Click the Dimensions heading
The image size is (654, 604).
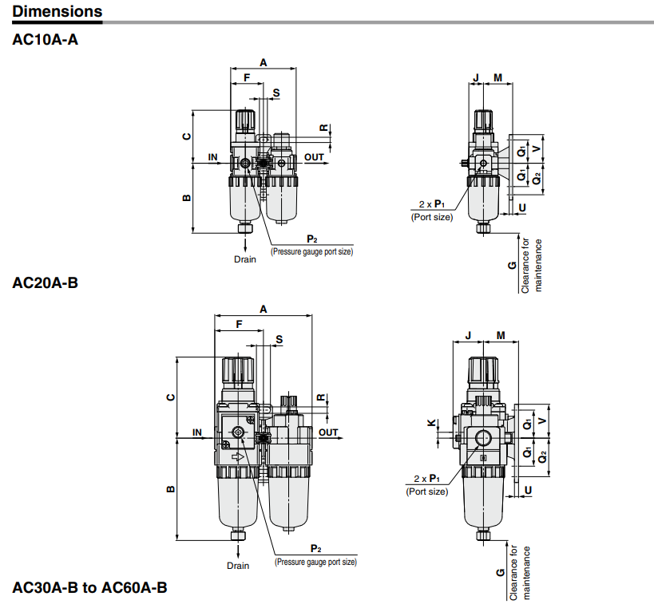tap(57, 12)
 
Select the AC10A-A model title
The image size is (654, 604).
tap(46, 39)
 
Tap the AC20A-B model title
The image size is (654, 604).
tap(46, 282)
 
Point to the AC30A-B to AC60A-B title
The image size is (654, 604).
tap(89, 588)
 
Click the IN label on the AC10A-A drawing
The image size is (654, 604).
tap(213, 157)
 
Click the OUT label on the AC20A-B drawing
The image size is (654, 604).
tap(328, 432)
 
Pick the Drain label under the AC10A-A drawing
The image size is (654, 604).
tap(245, 259)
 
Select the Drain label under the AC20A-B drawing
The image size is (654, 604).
tap(238, 566)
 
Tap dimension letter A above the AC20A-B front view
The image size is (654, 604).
tap(263, 308)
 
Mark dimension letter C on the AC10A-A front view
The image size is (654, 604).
tap(186, 136)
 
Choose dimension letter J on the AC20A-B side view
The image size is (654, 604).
tap(468, 335)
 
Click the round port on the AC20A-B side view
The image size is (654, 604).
tap(484, 438)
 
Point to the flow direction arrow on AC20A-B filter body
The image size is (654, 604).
tap(237, 457)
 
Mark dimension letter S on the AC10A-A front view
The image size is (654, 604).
tap(276, 93)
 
